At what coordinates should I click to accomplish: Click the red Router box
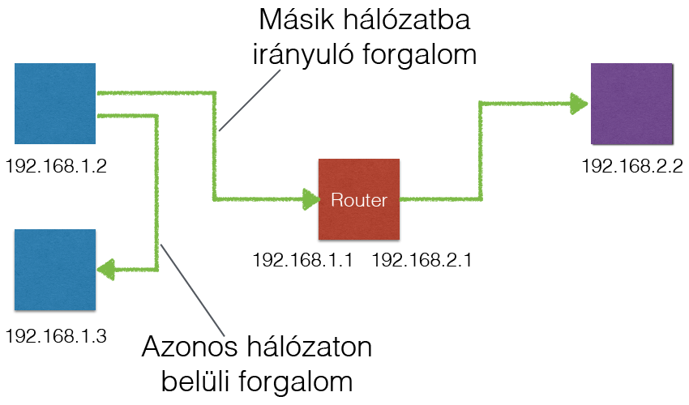coord(359,199)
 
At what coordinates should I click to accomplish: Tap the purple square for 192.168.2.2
coord(632,104)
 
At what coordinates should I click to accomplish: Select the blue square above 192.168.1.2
coord(55,104)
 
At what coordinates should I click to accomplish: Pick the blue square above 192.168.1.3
coord(55,270)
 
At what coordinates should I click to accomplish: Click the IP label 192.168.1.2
coord(56,166)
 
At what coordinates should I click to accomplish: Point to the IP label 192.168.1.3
coord(56,336)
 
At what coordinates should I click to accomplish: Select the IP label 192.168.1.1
coord(303,260)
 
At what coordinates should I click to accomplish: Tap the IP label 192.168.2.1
coord(422,260)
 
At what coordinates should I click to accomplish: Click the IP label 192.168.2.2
coord(632,166)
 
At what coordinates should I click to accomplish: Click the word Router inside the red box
coord(359,200)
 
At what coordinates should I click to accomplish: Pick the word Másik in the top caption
coord(297,19)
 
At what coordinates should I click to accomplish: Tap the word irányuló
coord(303,56)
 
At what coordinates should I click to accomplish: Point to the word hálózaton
coord(310,347)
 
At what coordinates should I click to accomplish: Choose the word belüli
coord(195,381)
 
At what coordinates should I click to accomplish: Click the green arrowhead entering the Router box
coord(311,199)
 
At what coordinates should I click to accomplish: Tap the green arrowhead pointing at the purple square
coord(579,104)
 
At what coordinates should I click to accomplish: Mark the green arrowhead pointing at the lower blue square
coord(105,269)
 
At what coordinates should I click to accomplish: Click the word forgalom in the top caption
coord(420,56)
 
